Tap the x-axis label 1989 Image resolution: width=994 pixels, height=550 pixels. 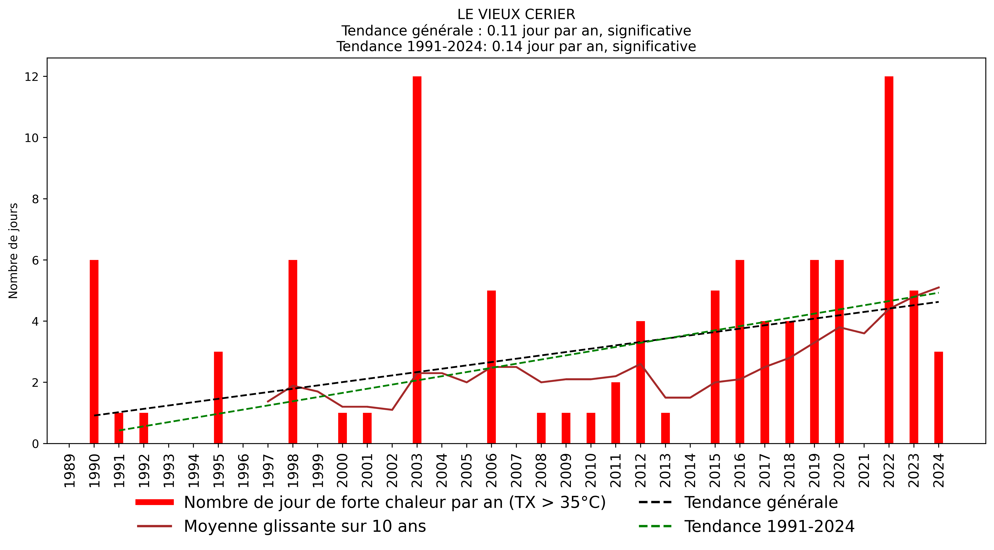(x=69, y=470)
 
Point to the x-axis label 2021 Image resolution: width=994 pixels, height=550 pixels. (x=864, y=470)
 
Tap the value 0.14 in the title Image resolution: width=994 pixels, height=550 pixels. (x=507, y=46)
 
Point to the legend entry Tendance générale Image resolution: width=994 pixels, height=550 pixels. (x=761, y=502)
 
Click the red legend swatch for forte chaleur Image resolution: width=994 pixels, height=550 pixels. (x=154, y=502)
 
